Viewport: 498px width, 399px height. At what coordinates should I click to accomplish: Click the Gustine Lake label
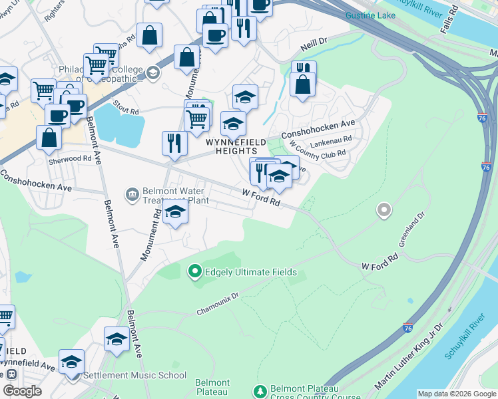pyautogui.click(x=371, y=15)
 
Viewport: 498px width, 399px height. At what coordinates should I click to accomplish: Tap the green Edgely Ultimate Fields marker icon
pyautogui.click(x=195, y=271)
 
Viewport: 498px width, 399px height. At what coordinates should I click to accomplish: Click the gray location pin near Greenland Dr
pyautogui.click(x=383, y=211)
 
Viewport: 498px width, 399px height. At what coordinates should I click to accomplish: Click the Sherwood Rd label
pyautogui.click(x=69, y=159)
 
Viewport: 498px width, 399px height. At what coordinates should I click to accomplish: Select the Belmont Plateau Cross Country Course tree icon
pyautogui.click(x=260, y=390)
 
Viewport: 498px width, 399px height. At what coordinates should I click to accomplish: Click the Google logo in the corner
pyautogui.click(x=22, y=391)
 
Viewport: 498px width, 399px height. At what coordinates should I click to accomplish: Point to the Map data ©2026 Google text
pyautogui.click(x=456, y=394)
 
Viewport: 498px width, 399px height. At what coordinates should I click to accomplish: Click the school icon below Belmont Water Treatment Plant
pyautogui.click(x=175, y=212)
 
